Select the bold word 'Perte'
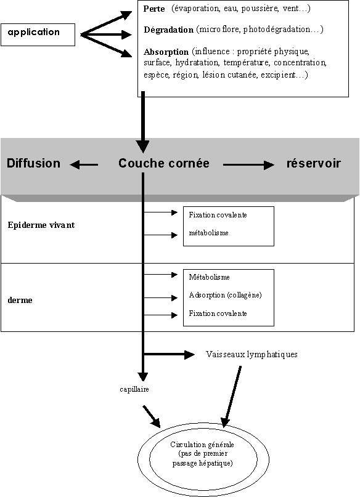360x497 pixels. click(x=154, y=9)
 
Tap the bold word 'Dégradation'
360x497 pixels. click(x=168, y=30)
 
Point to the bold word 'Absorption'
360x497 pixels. click(x=166, y=52)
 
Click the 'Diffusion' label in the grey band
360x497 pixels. click(x=34, y=163)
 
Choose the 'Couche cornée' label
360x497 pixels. click(x=164, y=163)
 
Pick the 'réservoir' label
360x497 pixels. click(x=314, y=163)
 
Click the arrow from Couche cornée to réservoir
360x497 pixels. click(x=248, y=165)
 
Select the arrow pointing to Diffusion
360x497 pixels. click(x=84, y=165)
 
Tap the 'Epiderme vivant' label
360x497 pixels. click(x=41, y=225)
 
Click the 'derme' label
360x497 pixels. click(x=20, y=300)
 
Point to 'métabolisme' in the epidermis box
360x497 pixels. click(x=209, y=233)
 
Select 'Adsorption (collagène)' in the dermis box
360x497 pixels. click(x=225, y=295)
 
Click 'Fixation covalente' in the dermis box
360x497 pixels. click(x=218, y=313)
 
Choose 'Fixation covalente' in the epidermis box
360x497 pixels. click(x=218, y=215)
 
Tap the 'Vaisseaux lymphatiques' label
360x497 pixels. click(x=252, y=354)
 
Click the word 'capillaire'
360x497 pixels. click(x=134, y=389)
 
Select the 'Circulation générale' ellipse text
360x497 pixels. click(x=202, y=453)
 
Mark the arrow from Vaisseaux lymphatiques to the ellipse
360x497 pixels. click(x=232, y=397)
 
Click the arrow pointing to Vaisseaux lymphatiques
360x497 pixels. click(x=169, y=354)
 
